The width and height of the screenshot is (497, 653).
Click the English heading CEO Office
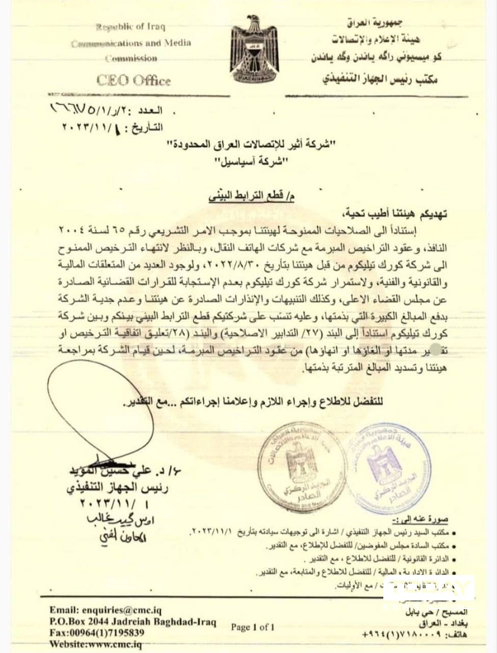(x=133, y=81)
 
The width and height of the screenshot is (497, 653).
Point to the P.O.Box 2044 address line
(x=133, y=622)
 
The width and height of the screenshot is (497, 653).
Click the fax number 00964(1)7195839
(x=97, y=633)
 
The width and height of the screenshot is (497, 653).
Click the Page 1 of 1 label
(x=252, y=627)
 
